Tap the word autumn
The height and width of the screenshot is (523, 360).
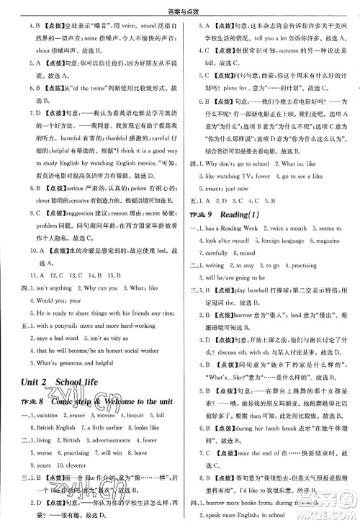tap(279, 51)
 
